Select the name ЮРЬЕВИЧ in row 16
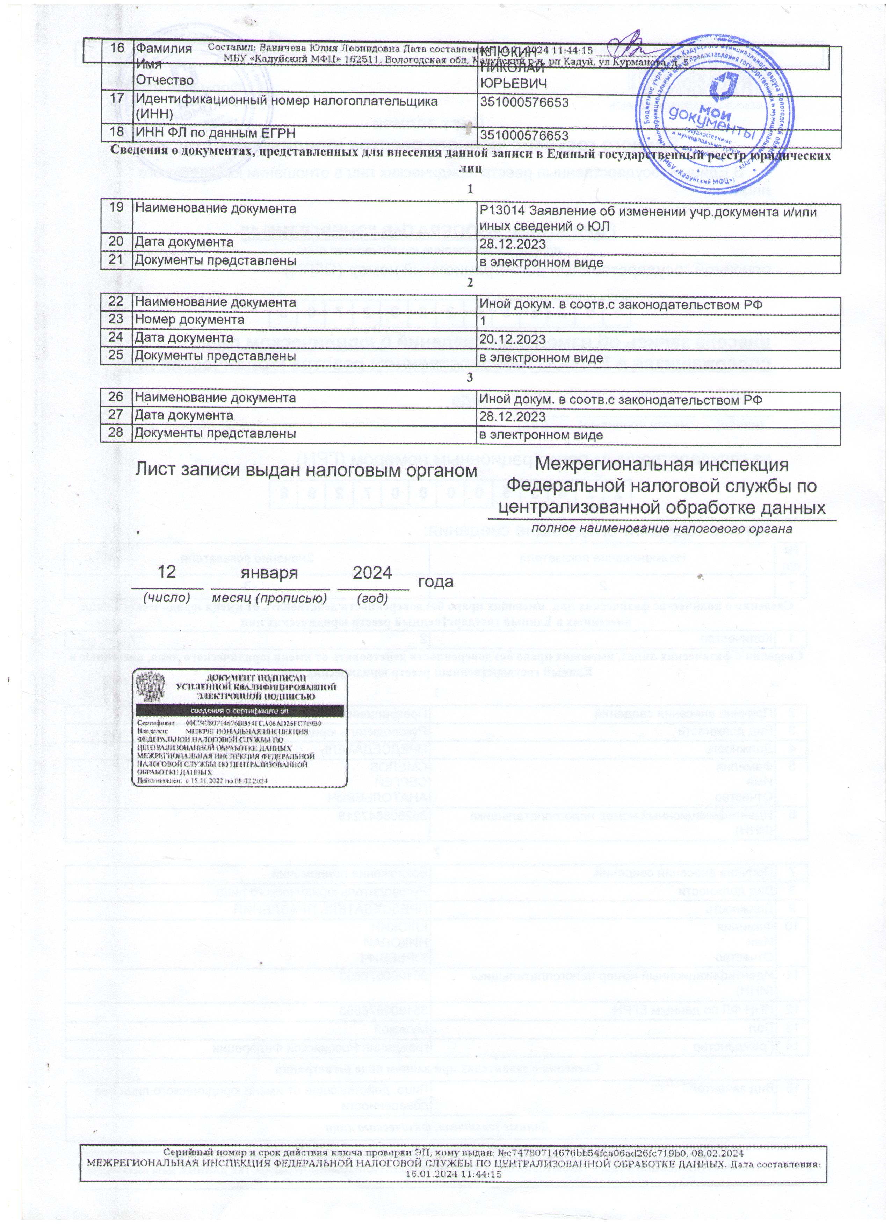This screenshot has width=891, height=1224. tap(513, 84)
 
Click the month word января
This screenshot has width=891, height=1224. tap(270, 572)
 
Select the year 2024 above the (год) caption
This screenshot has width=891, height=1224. tap(372, 572)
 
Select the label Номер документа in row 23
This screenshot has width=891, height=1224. tap(189, 320)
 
